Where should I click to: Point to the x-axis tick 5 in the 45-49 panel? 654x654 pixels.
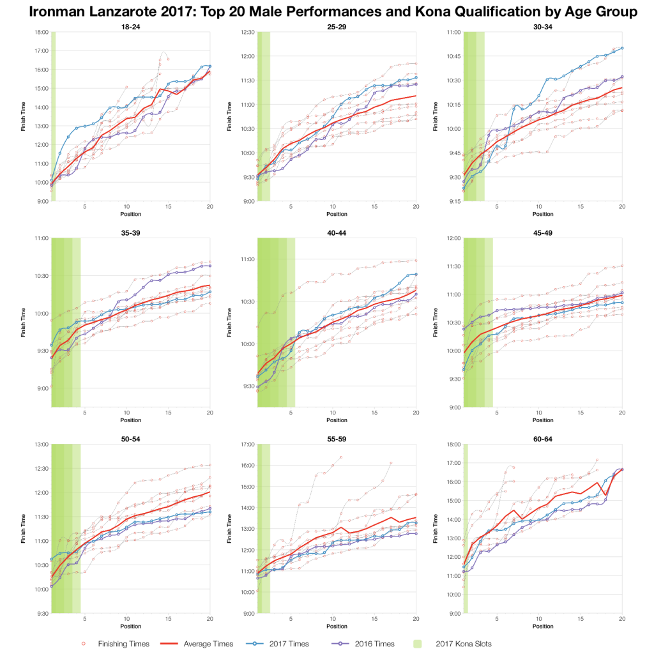497,414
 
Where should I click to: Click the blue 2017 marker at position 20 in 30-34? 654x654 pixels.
621,48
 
